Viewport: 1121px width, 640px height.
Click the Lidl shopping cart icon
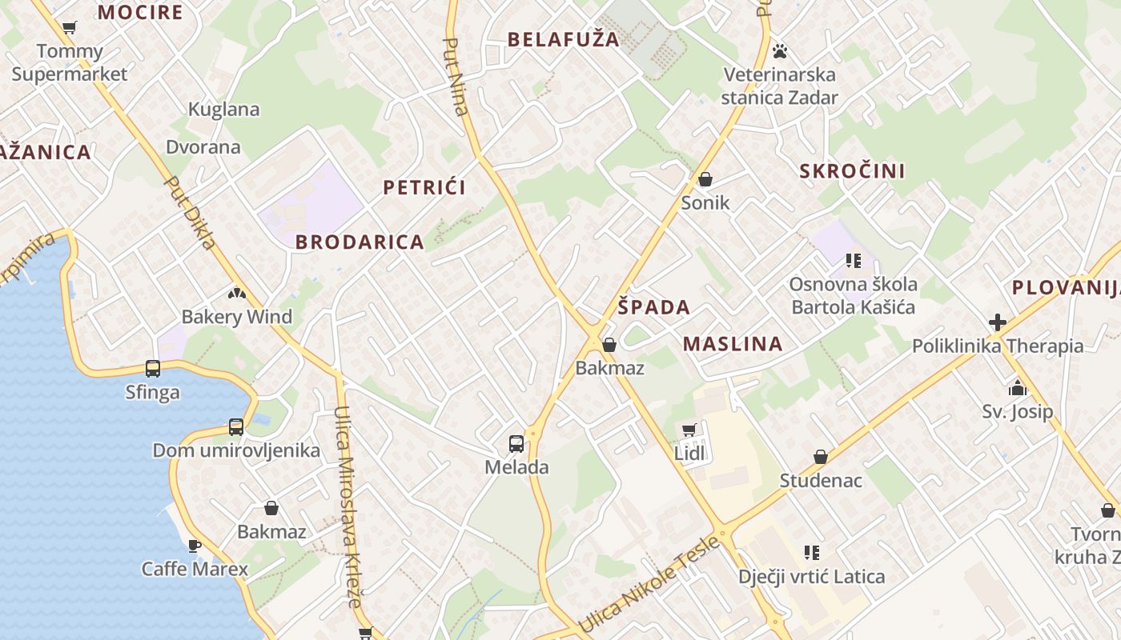689,430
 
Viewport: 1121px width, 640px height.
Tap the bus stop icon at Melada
516,443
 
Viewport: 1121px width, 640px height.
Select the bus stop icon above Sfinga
153,369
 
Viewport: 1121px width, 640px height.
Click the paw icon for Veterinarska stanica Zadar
780,52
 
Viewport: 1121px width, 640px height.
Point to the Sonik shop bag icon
705,179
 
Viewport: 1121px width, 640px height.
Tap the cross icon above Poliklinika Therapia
998,322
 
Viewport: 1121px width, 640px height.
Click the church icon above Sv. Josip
1018,389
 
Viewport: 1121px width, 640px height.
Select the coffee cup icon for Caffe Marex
194,546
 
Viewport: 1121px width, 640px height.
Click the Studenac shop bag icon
821,457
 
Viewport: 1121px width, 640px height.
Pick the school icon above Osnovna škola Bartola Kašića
853,261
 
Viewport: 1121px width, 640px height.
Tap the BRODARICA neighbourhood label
360,242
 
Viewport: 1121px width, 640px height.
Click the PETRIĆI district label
424,188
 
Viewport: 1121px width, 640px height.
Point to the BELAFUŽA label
564,39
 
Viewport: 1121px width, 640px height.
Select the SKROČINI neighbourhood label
853,170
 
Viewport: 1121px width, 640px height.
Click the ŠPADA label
654,307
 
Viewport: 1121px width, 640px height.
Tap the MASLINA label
733,344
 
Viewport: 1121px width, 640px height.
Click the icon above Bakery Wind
236,294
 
